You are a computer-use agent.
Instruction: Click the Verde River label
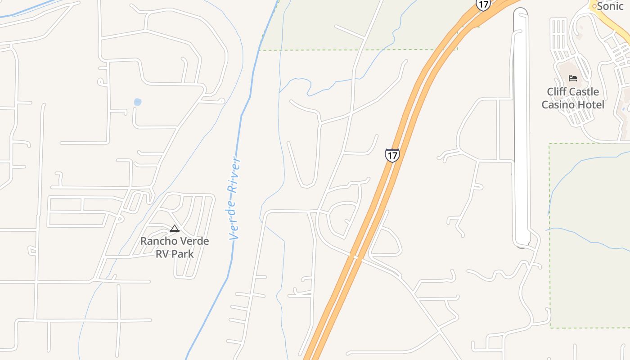[x=234, y=198]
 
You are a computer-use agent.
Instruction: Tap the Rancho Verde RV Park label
[x=175, y=247]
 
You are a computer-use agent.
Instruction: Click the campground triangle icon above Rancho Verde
[x=175, y=229]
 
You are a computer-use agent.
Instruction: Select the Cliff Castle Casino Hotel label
[x=573, y=98]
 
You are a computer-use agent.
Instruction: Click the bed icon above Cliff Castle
[x=573, y=78]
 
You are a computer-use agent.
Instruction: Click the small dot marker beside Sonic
[x=594, y=6]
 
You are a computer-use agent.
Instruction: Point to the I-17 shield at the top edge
[x=483, y=4]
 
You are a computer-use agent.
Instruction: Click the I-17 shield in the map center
[x=392, y=155]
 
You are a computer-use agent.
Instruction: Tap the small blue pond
[x=138, y=102]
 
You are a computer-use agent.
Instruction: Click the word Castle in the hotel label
[x=584, y=92]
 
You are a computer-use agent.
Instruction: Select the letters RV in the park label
[x=162, y=254]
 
